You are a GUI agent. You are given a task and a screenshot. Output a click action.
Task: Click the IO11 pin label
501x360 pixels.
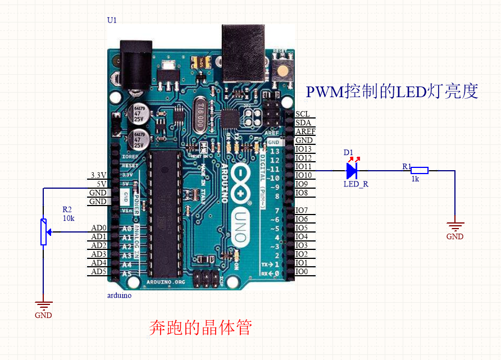pyautogui.click(x=303, y=166)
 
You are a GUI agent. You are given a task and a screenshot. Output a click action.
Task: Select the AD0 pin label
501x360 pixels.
pyautogui.click(x=98, y=227)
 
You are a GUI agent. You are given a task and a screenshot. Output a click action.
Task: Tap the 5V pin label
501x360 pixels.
pyautogui.click(x=101, y=184)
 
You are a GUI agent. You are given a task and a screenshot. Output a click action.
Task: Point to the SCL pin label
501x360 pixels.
pyautogui.click(x=302, y=114)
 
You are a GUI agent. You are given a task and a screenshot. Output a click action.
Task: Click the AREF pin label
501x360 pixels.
pyautogui.click(x=305, y=131)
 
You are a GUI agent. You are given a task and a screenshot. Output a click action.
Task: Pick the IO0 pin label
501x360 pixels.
pyautogui.click(x=302, y=272)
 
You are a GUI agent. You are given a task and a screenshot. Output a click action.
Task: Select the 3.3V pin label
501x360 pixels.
pyautogui.click(x=98, y=175)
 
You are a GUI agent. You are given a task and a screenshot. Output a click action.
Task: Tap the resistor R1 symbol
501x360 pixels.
pyautogui.click(x=419, y=170)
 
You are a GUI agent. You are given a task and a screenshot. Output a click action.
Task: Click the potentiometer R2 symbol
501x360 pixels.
pyautogui.click(x=43, y=231)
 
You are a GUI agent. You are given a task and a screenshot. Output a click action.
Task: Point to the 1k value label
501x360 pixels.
pyautogui.click(x=415, y=179)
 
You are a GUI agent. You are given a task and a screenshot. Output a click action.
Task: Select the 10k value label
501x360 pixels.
pyautogui.click(x=68, y=218)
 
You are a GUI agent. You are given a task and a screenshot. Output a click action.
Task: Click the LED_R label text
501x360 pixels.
pyautogui.click(x=356, y=184)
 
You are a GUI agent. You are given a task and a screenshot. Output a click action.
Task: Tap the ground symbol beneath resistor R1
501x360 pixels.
pyautogui.click(x=455, y=227)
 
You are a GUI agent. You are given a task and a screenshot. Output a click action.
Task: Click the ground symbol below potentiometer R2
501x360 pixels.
pyautogui.click(x=43, y=305)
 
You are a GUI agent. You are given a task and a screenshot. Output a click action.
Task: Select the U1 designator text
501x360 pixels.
pyautogui.click(x=112, y=20)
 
